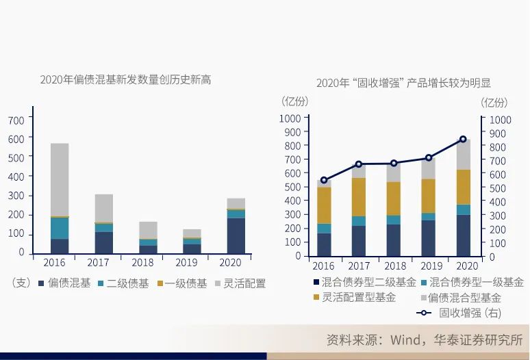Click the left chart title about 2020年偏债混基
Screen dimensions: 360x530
click(x=125, y=80)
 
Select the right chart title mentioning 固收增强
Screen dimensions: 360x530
click(x=403, y=83)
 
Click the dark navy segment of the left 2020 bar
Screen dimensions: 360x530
click(x=236, y=235)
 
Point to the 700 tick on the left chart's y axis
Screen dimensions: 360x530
click(x=16, y=120)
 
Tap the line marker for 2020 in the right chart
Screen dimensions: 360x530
click(x=463, y=140)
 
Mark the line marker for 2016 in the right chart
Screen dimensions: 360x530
click(x=324, y=180)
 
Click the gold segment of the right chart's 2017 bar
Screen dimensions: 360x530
click(x=359, y=197)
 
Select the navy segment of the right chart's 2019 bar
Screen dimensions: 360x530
click(x=428, y=237)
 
